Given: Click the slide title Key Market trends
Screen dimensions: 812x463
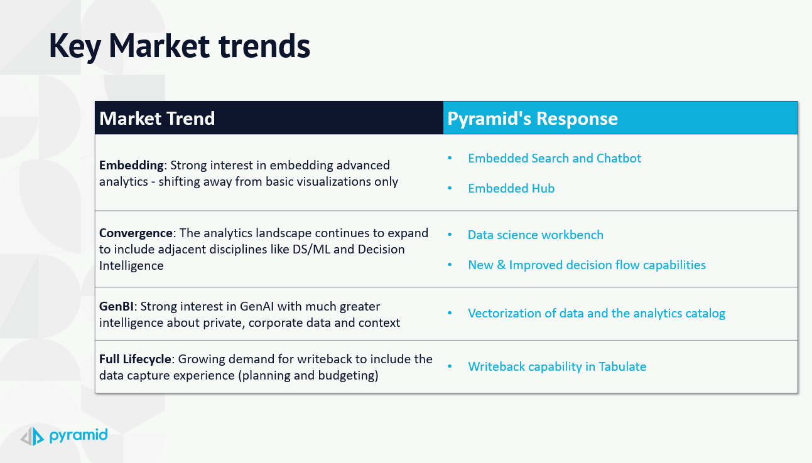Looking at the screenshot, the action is pos(180,46).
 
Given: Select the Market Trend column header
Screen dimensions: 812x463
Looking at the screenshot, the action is pos(157,119).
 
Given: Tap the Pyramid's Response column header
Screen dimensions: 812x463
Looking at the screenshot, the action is pos(533,119).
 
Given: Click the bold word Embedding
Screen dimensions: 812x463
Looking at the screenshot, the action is pos(131,166).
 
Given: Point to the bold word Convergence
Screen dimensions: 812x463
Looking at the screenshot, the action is pos(136,233).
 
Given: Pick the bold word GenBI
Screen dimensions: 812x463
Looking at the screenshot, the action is pos(116,306).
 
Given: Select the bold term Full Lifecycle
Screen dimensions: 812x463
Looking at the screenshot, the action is pos(135,359).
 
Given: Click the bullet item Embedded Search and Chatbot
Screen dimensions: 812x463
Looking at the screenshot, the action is pos(555,159).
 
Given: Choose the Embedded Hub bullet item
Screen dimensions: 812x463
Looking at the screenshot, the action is pos(511,188).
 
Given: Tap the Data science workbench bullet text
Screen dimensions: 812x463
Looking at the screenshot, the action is pos(536,235).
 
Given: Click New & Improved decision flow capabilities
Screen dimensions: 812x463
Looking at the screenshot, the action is pos(587,265).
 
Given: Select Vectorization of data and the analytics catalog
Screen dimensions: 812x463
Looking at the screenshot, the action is pos(597,314).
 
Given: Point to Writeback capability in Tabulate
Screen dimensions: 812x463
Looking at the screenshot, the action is pos(557,367).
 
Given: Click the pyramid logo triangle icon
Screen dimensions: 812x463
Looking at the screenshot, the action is pos(32,436).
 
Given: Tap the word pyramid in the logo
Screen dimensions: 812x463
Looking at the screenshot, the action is pos(78,435).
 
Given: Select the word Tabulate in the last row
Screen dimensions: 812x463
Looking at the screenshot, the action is pos(622,367).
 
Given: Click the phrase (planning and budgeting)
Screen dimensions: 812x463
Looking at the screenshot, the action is pos(308,376).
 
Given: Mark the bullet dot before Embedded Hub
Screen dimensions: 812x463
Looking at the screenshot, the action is pos(450,188).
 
